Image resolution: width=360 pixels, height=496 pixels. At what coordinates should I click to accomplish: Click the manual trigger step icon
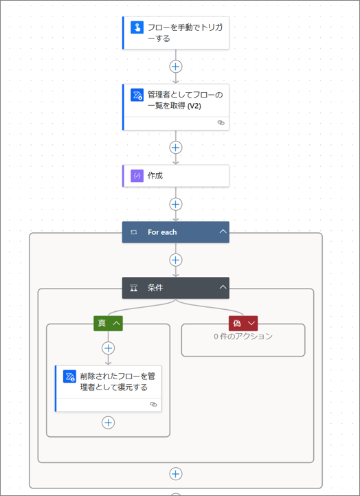(x=136, y=27)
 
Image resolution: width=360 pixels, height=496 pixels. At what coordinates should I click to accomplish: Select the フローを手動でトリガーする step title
(x=185, y=33)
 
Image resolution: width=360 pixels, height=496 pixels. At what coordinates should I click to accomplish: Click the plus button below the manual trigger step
(x=176, y=67)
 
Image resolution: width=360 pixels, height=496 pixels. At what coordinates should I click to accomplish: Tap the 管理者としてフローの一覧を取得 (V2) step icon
(x=136, y=95)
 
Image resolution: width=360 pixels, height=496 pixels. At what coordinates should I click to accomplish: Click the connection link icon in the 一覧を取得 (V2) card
(x=221, y=122)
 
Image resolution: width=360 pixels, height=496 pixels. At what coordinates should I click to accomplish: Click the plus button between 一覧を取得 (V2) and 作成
(x=176, y=147)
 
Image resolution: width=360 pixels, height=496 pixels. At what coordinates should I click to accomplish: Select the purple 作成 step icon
(x=136, y=176)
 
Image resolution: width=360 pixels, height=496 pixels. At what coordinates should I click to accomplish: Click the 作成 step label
(x=155, y=176)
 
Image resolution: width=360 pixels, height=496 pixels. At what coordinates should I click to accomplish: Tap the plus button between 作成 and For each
(x=176, y=204)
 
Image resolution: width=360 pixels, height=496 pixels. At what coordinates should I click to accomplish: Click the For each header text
(x=162, y=232)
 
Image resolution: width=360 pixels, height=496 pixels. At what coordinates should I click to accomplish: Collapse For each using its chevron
(x=223, y=232)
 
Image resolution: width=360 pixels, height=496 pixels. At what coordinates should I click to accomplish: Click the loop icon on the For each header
(x=134, y=232)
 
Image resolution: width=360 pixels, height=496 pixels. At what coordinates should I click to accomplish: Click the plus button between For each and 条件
(x=176, y=260)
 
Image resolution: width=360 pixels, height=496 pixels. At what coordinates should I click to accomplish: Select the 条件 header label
(x=155, y=288)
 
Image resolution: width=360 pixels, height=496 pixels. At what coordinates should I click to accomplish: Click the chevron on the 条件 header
(x=223, y=288)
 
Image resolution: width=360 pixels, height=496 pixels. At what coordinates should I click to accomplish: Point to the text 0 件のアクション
(x=243, y=337)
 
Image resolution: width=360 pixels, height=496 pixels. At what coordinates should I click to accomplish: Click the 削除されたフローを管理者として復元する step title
(x=116, y=382)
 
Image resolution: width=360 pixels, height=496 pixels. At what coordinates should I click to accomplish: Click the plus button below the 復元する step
(x=108, y=422)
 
